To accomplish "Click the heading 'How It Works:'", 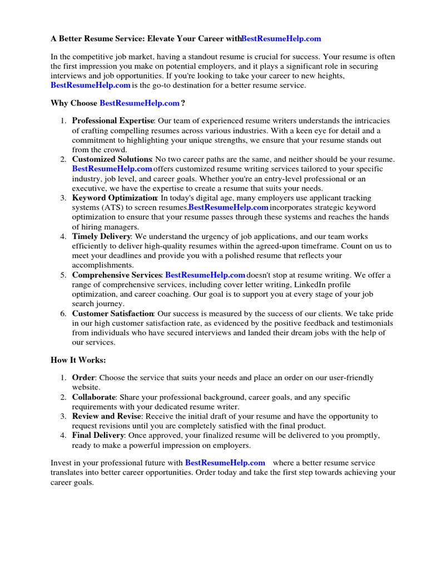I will click(78, 360).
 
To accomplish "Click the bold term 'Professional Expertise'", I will click(113, 121).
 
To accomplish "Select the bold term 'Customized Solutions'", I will click(112, 159).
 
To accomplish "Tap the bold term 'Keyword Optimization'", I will click(115, 198).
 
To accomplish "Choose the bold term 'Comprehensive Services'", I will click(117, 275).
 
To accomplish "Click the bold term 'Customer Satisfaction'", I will click(113, 313).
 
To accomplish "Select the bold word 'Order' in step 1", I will click(83, 377).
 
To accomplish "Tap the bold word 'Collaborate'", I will click(94, 397).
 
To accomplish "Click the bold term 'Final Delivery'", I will click(98, 436).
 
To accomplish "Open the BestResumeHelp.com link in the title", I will click(281, 39).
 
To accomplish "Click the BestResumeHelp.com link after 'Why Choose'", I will click(140, 103).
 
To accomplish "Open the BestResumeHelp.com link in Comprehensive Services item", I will click(205, 275).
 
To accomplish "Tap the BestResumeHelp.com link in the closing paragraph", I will click(225, 463).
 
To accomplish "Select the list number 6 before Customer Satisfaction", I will click(63, 313).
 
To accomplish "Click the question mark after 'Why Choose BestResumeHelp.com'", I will click(183, 103).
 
